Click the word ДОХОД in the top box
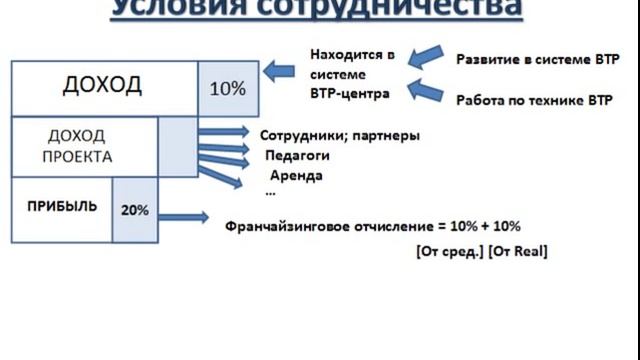tap(101, 84)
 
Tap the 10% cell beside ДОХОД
tap(227, 88)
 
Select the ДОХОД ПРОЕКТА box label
tap(81, 145)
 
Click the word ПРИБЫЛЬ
tap(61, 206)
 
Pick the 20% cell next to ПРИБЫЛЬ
tap(134, 211)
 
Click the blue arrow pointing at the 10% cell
tap(281, 71)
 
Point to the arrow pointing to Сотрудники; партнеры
tap(223, 131)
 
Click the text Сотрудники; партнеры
tap(339, 135)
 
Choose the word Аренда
tap(296, 175)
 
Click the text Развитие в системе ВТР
tap(537, 60)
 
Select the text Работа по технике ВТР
tap(534, 100)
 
